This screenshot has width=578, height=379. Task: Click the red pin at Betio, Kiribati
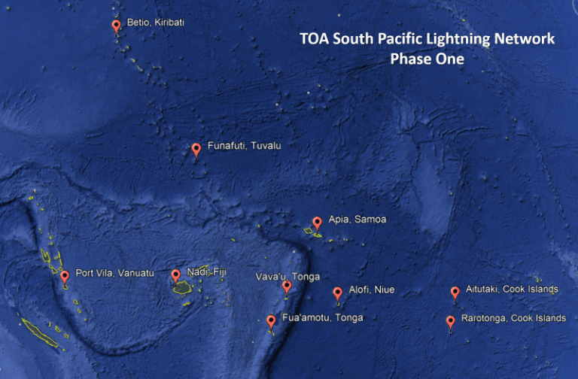[116, 26]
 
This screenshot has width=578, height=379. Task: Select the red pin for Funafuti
[196, 149]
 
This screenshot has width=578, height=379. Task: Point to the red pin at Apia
[317, 223]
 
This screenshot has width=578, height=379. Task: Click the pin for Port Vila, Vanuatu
[65, 276]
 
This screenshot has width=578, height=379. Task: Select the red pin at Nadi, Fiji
[176, 275]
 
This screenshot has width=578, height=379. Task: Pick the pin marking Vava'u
[287, 286]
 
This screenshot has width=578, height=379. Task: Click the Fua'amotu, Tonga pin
[271, 321]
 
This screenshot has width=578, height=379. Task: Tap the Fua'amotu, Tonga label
[322, 317]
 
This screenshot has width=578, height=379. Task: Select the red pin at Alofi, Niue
[337, 293]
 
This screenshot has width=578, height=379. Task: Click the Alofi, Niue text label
[372, 290]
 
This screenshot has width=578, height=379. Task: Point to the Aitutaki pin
[455, 292]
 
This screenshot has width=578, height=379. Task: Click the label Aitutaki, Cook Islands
[512, 290]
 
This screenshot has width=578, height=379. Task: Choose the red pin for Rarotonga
[450, 322]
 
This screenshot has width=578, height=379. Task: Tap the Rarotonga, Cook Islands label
[513, 318]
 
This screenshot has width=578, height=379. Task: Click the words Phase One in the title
[427, 58]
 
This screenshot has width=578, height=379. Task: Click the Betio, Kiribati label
[156, 23]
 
